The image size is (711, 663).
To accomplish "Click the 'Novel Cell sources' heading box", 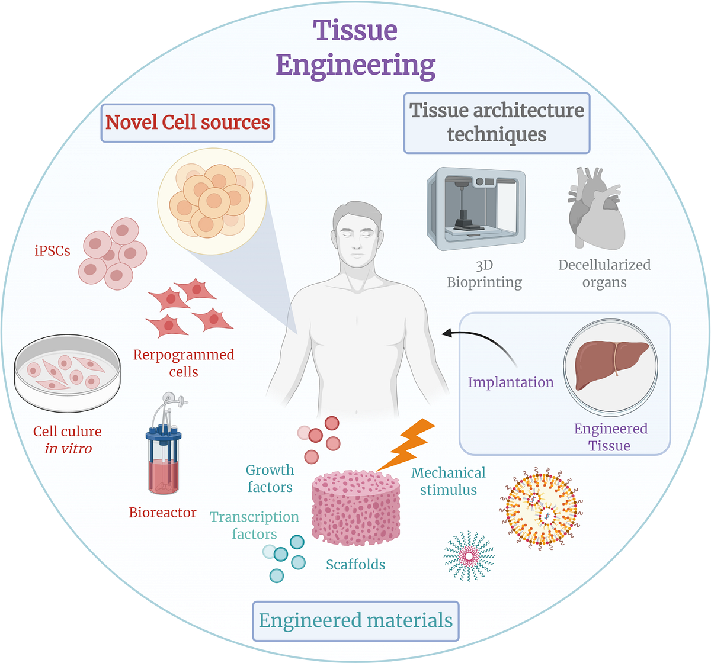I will [x=187, y=123].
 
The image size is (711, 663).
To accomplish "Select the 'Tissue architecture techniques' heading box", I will [x=497, y=123].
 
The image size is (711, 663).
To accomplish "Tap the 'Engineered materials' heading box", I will [x=355, y=621].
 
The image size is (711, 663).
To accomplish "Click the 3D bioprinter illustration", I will [x=476, y=208].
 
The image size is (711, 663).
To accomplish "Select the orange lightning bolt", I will [x=407, y=444].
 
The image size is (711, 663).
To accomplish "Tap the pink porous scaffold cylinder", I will [x=355, y=507].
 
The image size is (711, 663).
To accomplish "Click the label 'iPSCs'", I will [x=52, y=251].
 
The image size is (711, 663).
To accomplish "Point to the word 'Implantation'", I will [x=510, y=382].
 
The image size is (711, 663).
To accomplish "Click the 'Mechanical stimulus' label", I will [x=448, y=481].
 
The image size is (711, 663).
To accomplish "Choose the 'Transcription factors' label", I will [x=254, y=525].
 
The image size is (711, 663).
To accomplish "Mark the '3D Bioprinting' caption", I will [x=484, y=273].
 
